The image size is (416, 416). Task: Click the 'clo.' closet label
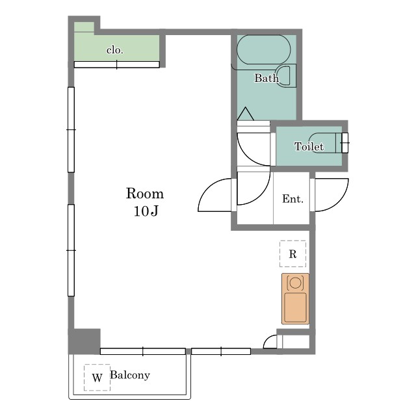[115, 50]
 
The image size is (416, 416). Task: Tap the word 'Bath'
[266, 78]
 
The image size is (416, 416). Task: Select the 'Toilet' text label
[309, 146]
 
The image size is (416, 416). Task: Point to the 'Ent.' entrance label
[292, 199]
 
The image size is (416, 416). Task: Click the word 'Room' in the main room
[145, 194]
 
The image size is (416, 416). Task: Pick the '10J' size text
[146, 211]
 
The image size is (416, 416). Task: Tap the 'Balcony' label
[130, 375]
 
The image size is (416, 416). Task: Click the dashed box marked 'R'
[292, 253]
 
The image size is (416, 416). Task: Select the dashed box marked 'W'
[97, 377]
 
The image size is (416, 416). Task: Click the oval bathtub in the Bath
[264, 49]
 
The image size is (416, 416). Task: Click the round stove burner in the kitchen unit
[295, 283]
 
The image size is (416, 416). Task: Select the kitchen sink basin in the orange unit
[295, 307]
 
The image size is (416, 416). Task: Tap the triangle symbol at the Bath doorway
[246, 114]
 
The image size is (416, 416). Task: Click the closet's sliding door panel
[117, 64]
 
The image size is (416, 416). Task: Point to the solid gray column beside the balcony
[84, 341]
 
